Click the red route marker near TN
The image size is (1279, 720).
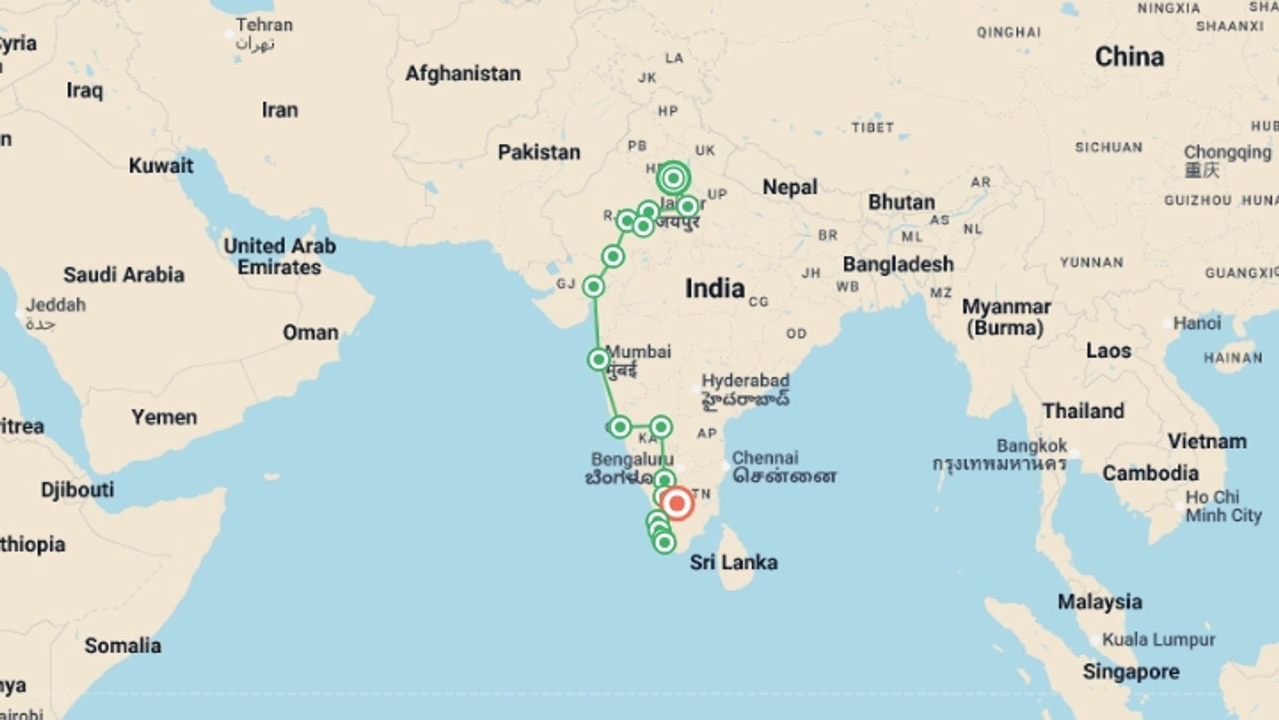tap(677, 503)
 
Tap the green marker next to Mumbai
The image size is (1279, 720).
tap(599, 360)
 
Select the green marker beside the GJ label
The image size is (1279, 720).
tap(594, 287)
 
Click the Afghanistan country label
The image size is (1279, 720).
tap(463, 73)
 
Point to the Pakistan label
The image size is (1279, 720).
tap(539, 152)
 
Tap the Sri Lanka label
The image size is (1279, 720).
tap(733, 562)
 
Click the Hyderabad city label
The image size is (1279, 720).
tap(745, 381)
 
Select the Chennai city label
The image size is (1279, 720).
tap(765, 458)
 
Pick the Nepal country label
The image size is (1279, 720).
tap(789, 187)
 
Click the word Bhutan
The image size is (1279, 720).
tap(901, 202)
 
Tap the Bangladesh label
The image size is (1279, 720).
tap(898, 264)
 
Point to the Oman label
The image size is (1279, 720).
tap(310, 332)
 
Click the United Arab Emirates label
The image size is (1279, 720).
tap(280, 256)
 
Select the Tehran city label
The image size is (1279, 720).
tap(264, 25)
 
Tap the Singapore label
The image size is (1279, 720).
tap(1130, 671)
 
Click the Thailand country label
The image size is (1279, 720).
tap(1083, 411)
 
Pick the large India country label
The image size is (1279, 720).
tap(715, 289)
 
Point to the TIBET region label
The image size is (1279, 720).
tap(872, 127)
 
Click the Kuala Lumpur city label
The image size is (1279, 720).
tap(1158, 640)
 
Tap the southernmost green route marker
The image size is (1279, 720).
tap(664, 543)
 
